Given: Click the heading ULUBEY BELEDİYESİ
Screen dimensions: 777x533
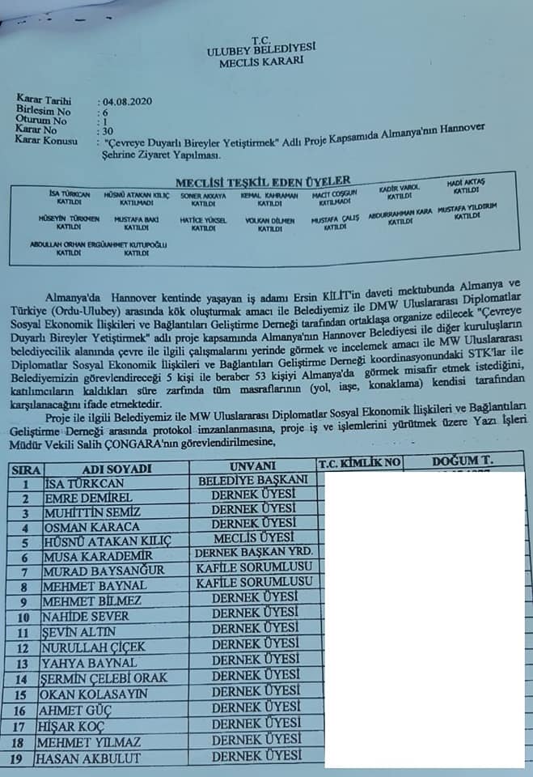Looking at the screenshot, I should [261, 49].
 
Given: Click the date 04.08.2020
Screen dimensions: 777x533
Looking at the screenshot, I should [129, 101].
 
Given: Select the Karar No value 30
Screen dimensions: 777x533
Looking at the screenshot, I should [103, 129].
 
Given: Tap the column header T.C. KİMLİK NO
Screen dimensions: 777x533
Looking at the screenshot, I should [359, 462].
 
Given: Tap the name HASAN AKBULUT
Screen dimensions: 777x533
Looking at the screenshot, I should [87, 758].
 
